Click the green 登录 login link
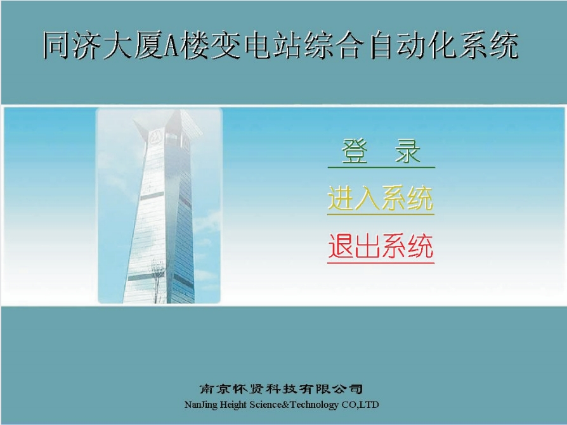pyautogui.click(x=381, y=151)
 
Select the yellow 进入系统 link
pyautogui.click(x=381, y=199)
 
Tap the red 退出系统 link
pyautogui.click(x=381, y=246)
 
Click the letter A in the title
pyautogui.click(x=171, y=46)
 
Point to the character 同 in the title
pyautogui.click(x=57, y=45)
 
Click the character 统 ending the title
pyautogui.click(x=504, y=45)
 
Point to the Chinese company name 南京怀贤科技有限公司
pyautogui.click(x=282, y=389)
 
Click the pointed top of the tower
pyautogui.click(x=178, y=111)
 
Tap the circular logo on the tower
pyautogui.click(x=155, y=137)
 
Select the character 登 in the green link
pyautogui.click(x=355, y=151)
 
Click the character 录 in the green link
pyautogui.click(x=408, y=151)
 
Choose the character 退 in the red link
pyautogui.click(x=341, y=246)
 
